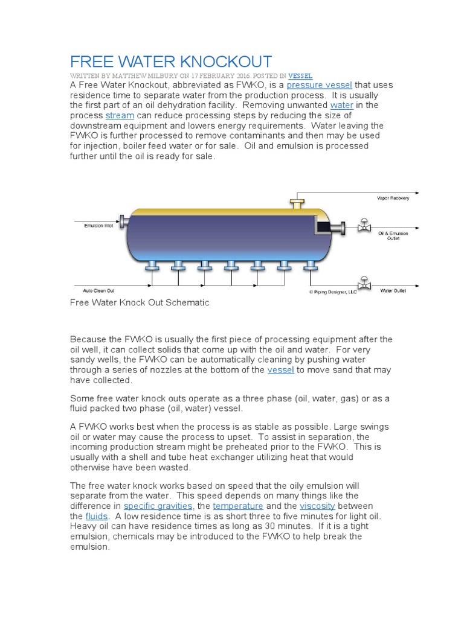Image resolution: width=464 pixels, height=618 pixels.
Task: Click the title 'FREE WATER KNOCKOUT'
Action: tap(171, 62)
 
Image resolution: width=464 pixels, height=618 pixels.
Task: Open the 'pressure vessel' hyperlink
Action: tap(319, 85)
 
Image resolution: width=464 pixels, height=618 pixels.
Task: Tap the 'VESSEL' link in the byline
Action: tap(300, 76)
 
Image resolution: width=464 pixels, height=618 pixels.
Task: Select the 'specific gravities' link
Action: tap(158, 506)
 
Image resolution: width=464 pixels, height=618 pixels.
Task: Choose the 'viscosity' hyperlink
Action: tap(317, 506)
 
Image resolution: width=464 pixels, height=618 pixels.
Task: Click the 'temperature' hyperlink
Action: tap(238, 506)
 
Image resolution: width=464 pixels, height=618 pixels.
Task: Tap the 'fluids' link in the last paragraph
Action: tap(96, 516)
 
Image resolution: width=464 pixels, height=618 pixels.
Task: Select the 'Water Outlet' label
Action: tap(393, 291)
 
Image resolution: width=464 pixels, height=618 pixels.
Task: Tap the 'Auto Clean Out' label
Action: tap(96, 291)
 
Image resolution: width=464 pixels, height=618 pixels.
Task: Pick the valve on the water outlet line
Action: tap(364, 282)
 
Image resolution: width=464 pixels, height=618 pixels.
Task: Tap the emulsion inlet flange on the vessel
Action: tap(123, 222)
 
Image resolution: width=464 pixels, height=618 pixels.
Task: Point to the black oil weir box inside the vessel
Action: tap(327, 227)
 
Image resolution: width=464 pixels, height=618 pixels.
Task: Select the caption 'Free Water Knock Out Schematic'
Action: tap(140, 303)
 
